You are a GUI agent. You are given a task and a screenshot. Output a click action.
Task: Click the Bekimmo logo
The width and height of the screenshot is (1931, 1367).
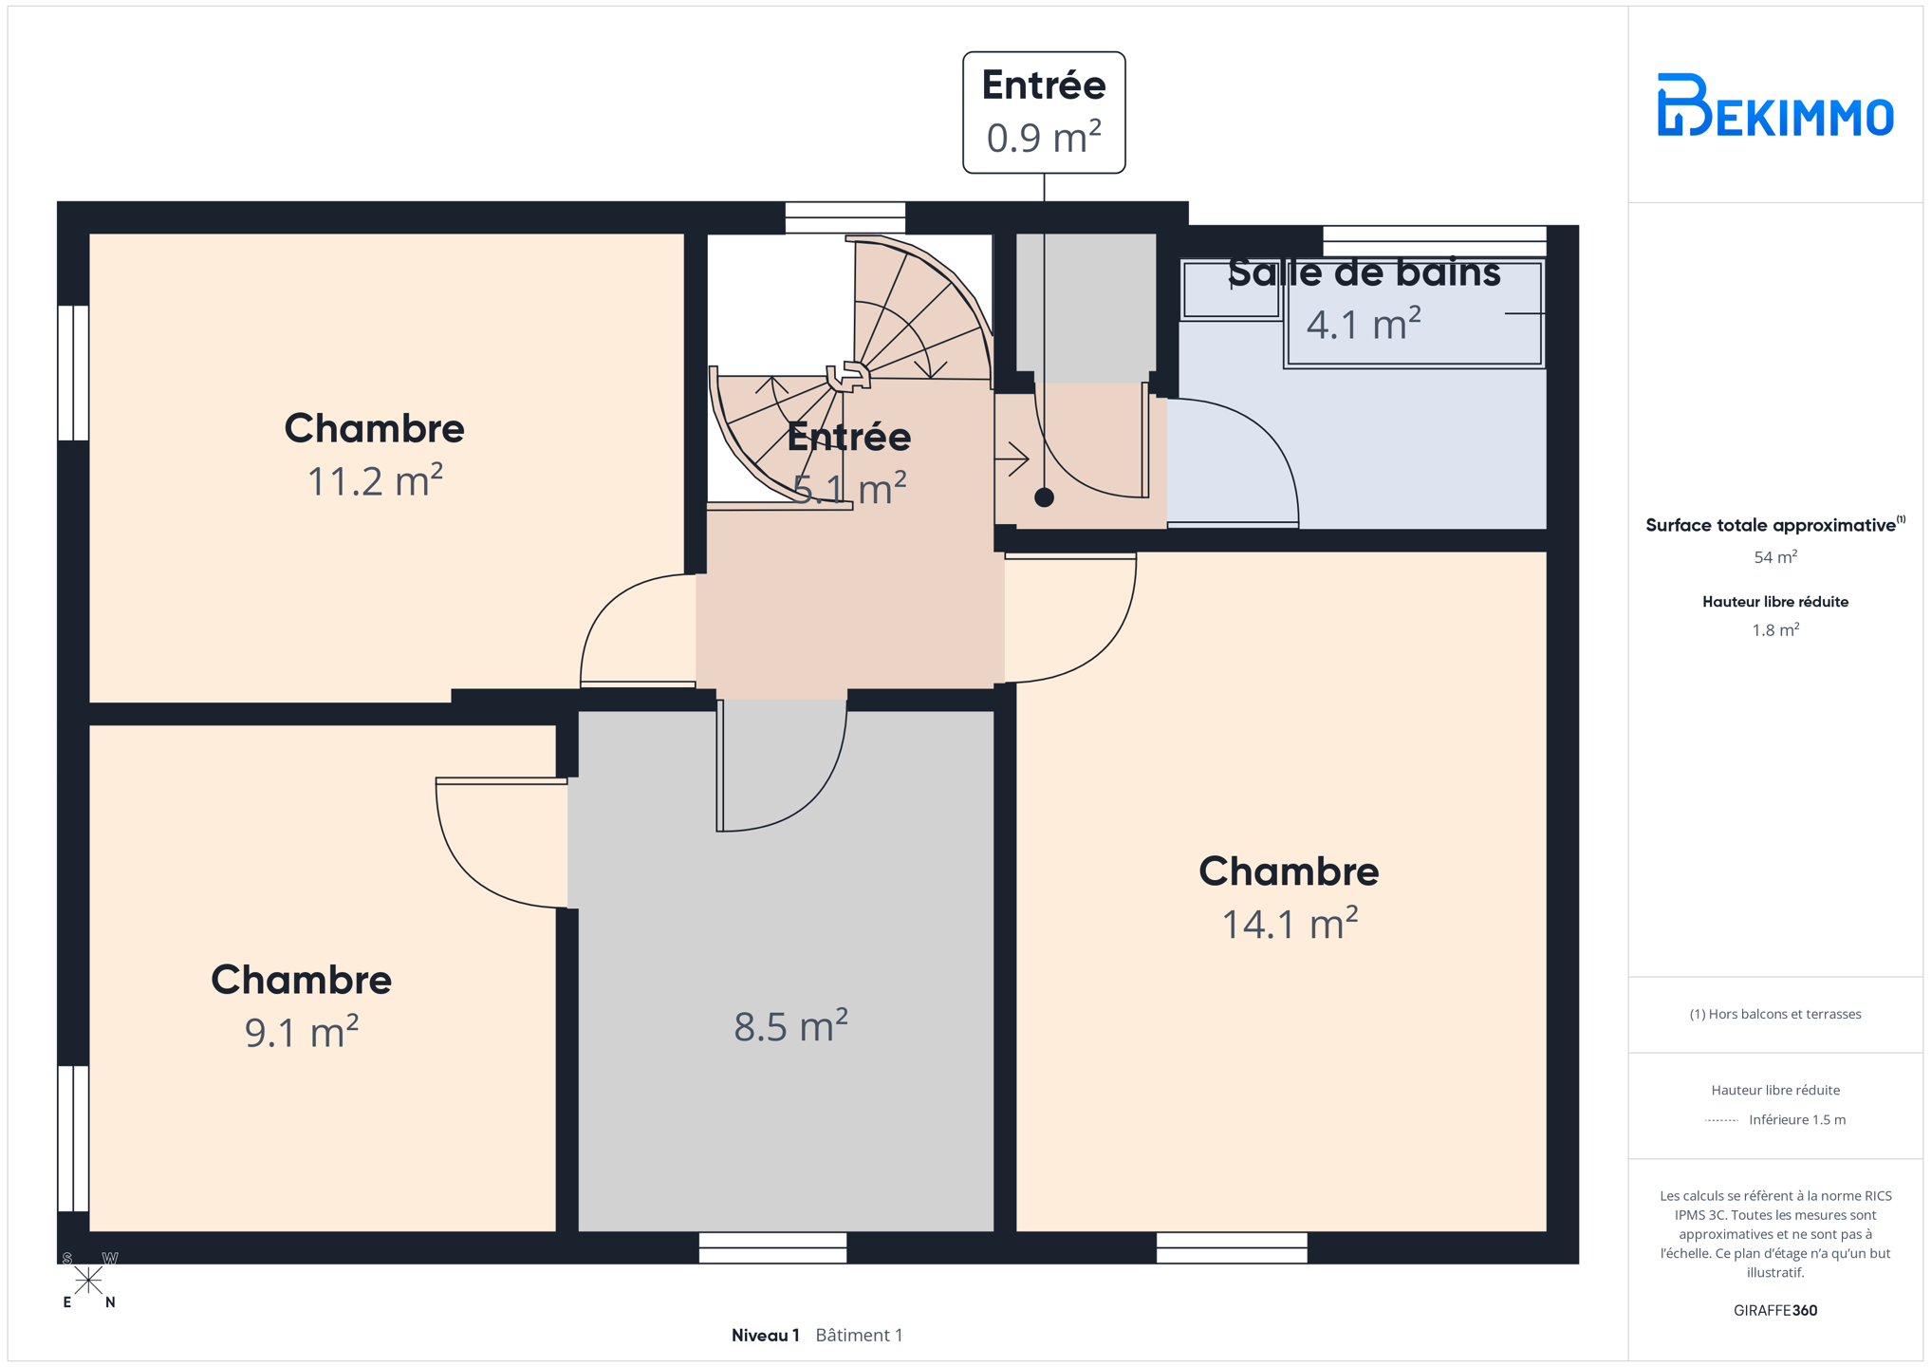coord(1774,105)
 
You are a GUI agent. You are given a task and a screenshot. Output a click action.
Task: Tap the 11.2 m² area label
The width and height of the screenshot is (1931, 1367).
coord(375,481)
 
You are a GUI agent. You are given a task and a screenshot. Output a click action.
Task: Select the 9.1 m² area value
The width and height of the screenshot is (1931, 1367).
coord(302,1032)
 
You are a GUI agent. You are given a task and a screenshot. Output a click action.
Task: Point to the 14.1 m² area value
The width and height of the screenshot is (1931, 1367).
coord(1290,924)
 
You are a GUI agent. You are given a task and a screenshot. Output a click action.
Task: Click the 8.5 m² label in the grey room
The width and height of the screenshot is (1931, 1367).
coord(790,1026)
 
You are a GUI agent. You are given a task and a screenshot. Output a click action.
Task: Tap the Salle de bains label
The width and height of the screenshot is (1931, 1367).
coord(1365,272)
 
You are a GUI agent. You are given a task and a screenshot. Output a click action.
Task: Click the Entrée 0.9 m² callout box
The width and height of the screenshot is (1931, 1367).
coord(1044,113)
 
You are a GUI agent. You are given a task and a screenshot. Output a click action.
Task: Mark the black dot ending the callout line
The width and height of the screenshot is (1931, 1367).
coord(1044,497)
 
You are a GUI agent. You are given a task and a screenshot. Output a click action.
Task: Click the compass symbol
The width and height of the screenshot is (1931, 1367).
coord(88,1281)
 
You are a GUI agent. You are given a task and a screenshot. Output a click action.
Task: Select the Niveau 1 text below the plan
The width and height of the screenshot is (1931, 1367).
coord(765,1335)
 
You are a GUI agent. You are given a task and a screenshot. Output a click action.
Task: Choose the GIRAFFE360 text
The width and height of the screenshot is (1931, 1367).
coord(1774,1310)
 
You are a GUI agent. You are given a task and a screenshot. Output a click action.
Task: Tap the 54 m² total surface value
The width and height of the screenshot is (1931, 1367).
coord(1774,557)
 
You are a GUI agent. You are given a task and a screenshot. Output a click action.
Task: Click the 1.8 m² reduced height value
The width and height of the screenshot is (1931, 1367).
coord(1774,630)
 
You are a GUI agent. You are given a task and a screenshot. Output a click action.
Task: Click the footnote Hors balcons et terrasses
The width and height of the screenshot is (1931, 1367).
coord(1774,1014)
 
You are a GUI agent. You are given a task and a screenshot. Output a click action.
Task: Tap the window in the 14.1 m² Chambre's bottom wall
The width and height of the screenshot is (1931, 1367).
coord(1232,1247)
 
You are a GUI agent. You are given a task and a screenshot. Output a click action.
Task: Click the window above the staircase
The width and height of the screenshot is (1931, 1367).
coord(845,217)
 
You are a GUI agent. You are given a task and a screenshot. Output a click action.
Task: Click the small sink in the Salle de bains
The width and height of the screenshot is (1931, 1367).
coord(1232,290)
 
